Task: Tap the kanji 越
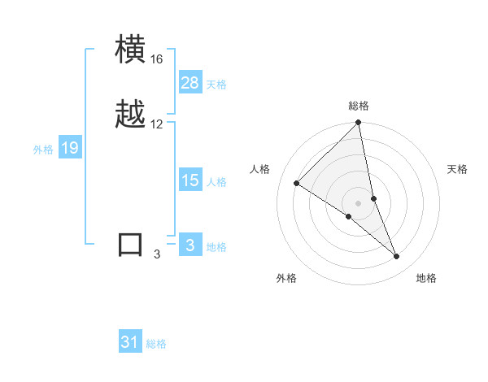(131, 115)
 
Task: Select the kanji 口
(131, 244)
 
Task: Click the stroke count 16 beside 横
(157, 60)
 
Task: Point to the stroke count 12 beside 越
(157, 124)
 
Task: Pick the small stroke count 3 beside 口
(157, 254)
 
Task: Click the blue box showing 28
(190, 83)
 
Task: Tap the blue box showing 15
(190, 180)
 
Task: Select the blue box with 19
(70, 148)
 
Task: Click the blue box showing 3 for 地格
(190, 245)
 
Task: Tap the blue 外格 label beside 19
(42, 150)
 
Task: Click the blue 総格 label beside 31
(156, 344)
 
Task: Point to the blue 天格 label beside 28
(216, 85)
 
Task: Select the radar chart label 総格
(359, 106)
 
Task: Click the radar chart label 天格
(458, 169)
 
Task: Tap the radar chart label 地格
(426, 279)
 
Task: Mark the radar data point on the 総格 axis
(359, 124)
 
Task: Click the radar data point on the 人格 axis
(297, 184)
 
